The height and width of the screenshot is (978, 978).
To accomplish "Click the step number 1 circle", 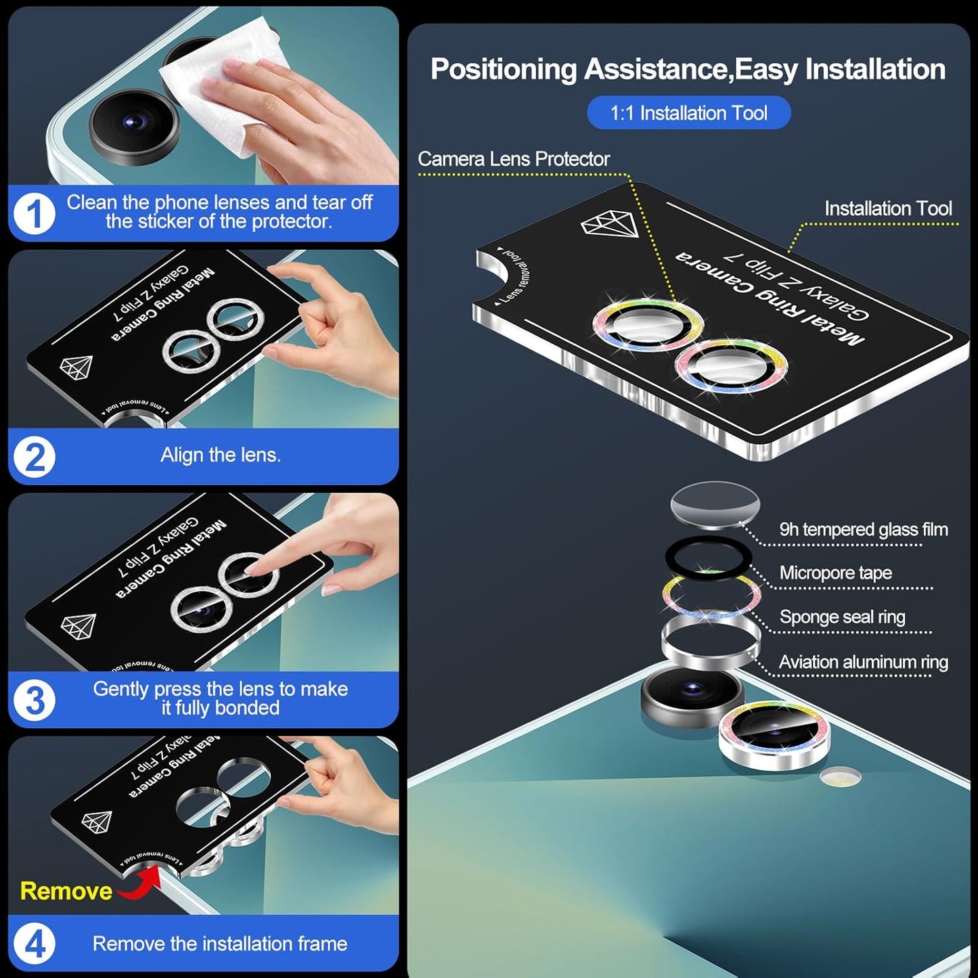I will pos(34,214).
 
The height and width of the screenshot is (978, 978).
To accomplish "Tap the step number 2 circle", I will pos(34,457).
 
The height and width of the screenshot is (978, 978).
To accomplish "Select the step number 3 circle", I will pos(34,700).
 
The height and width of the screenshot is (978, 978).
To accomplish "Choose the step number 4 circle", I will pos(34,943).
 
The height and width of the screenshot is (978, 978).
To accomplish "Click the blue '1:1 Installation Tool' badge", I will pos(688,113).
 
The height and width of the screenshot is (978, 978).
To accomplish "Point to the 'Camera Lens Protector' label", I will pos(513,159).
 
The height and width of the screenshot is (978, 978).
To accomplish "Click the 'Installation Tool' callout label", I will pos(887,208).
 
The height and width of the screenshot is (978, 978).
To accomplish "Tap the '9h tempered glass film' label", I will pos(863,529).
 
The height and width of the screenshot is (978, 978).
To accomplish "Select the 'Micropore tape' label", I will pos(835,573).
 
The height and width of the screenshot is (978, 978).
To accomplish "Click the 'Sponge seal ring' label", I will pos(842,617).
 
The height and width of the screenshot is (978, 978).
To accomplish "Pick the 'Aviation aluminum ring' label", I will pos(863,662).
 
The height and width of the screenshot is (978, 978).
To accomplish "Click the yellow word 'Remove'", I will pos(66,891).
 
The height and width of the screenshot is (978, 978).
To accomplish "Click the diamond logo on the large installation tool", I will pos(610,224).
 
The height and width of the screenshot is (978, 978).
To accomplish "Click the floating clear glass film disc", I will pos(715,504).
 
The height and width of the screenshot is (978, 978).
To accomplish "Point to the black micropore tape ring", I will pos(708,557).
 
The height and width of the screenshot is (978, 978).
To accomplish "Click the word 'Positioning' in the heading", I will pos(504,70).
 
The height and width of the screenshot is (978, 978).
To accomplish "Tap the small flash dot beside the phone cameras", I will pos(840,776).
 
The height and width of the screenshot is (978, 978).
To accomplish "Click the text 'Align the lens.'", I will pos(220,455).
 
